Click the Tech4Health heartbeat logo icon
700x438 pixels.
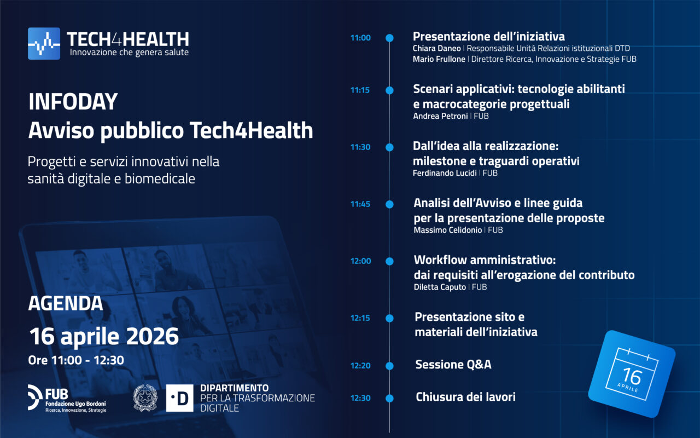click(44, 43)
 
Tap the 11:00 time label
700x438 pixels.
click(360, 38)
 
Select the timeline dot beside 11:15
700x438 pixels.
click(389, 90)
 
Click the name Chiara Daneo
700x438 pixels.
click(436, 48)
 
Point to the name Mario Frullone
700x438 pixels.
click(439, 59)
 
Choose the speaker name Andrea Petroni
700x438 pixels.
click(440, 116)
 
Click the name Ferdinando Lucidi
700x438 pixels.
click(445, 173)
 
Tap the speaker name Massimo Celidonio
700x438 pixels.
click(447, 230)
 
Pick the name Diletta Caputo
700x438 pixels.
click(440, 287)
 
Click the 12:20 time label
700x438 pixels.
click(360, 366)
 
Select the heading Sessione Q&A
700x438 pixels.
click(453, 365)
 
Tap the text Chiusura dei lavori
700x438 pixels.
click(465, 397)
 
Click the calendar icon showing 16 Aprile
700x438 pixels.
click(632, 374)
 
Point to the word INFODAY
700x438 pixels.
click(73, 102)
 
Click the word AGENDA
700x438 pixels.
click(66, 303)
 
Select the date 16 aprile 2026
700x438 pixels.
click(104, 336)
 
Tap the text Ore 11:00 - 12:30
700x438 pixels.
click(76, 360)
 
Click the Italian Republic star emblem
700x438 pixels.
click(145, 397)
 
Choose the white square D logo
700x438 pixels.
click(179, 398)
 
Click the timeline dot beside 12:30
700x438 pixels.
click(389, 398)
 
